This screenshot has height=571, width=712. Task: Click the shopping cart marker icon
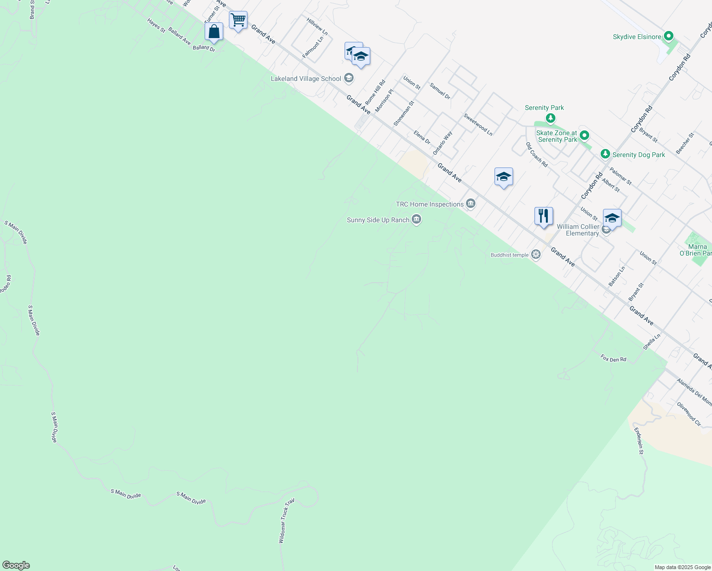tap(238, 20)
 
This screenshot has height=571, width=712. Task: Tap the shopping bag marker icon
tap(214, 32)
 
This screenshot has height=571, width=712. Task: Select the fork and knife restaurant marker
tap(543, 216)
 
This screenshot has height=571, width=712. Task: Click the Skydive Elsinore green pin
tap(669, 37)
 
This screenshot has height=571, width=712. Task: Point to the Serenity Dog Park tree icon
tap(605, 154)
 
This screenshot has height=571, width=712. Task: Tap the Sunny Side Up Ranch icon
tap(416, 219)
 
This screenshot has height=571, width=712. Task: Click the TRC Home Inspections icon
tap(471, 204)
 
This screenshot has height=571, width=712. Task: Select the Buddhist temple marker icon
tap(536, 255)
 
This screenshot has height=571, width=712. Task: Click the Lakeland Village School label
tap(306, 79)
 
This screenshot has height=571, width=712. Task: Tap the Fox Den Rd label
tap(613, 358)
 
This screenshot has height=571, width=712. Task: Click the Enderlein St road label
tap(639, 441)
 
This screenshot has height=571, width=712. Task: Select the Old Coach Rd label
tap(537, 155)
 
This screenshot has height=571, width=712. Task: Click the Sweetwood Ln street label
tap(478, 125)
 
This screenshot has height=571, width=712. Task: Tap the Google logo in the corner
tap(16, 565)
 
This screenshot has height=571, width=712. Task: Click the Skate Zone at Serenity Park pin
tap(584, 136)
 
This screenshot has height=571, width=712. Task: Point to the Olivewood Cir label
tap(689, 414)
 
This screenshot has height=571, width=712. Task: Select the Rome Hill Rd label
tap(375, 92)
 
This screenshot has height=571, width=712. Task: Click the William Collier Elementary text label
tap(578, 230)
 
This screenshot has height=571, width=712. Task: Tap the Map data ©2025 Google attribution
tap(682, 567)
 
